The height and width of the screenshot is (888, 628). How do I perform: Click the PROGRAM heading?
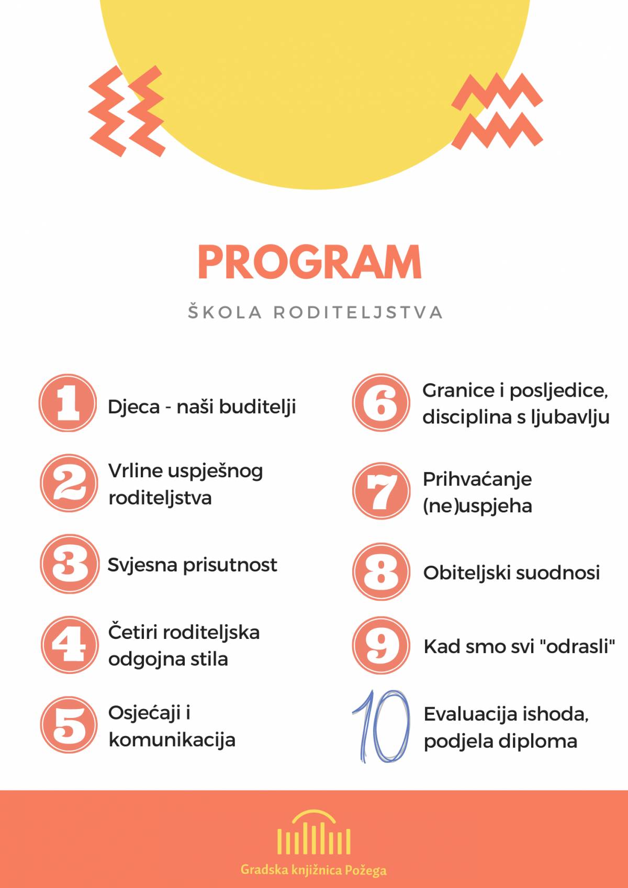coord(310,263)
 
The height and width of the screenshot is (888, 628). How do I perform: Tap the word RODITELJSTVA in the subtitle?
coord(358,312)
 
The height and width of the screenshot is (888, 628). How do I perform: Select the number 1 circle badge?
coord(68,403)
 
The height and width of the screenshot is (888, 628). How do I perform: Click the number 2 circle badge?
coord(69,483)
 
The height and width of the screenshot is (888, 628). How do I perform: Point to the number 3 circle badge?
coord(69,564)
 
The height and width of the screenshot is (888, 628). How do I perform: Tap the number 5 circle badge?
coord(69,725)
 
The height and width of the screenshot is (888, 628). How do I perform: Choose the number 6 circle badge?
coord(380,402)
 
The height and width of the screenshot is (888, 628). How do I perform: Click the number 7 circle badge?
coord(380,491)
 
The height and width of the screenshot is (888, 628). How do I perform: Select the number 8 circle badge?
coord(380,571)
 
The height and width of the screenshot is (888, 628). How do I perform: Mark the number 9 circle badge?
coord(380,645)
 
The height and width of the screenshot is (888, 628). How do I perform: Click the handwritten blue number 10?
coord(382,726)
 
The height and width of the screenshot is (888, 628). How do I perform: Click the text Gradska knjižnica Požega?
coord(313,870)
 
